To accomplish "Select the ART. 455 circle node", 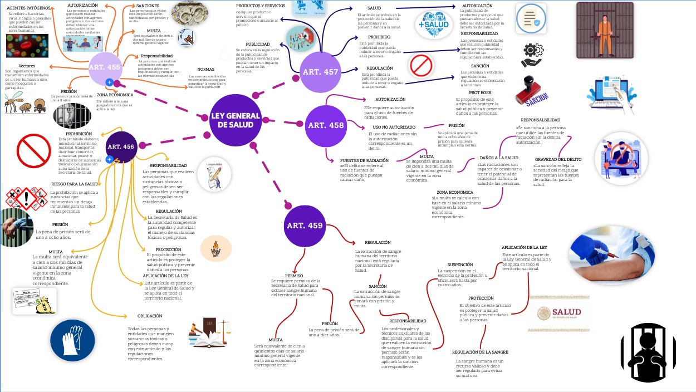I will click(105, 67).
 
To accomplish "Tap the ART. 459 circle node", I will click(305, 226).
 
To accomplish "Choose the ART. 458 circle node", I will click(326, 125).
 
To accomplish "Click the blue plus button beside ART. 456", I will click(110, 159).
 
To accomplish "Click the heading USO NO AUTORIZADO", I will click(394, 127).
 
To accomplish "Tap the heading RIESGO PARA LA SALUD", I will click(75, 183).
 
